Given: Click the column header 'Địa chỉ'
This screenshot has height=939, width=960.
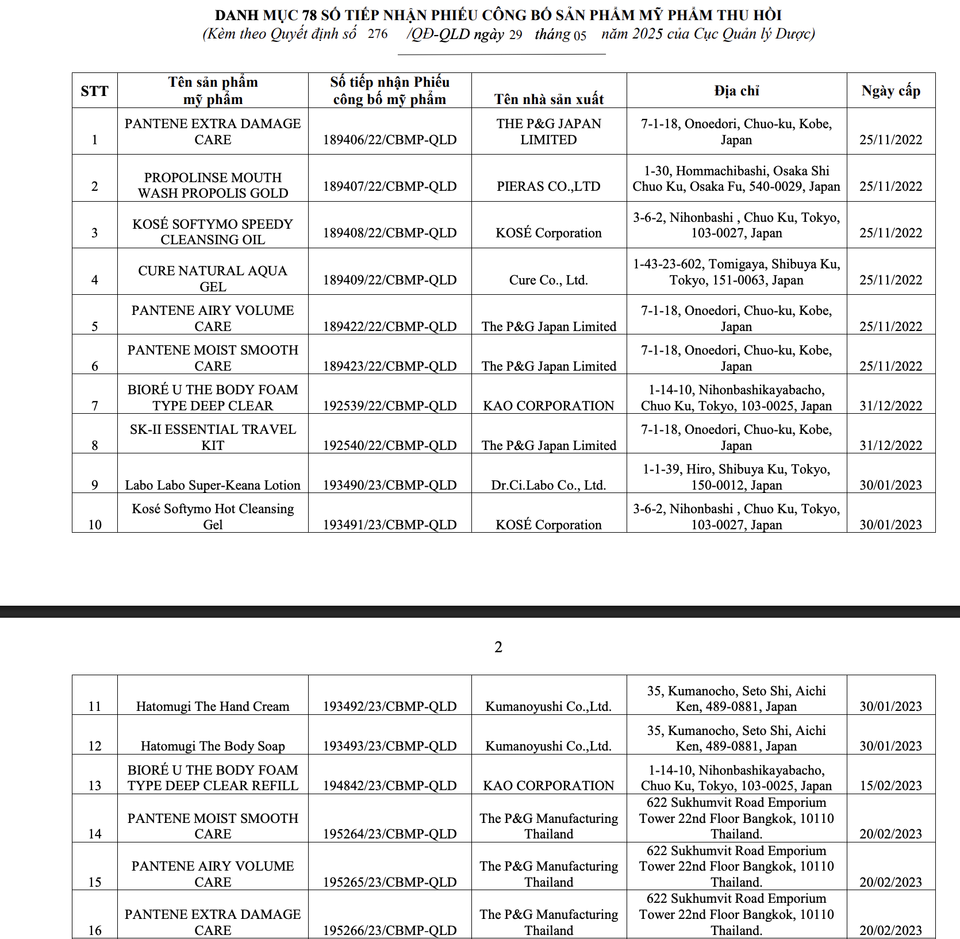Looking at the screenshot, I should pyautogui.click(x=736, y=91).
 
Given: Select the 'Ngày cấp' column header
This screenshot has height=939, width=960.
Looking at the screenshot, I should pyautogui.click(x=890, y=91).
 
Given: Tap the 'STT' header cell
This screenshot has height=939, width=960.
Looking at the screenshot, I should pyautogui.click(x=94, y=91).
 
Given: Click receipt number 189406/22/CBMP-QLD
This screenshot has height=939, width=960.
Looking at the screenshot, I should pyautogui.click(x=390, y=140).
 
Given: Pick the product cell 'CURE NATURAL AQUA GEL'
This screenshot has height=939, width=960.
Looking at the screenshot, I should pyautogui.click(x=213, y=279).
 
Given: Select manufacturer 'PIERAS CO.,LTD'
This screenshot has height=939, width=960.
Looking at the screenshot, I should pyautogui.click(x=548, y=186).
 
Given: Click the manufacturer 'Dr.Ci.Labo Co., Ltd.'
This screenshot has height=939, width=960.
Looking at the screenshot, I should pyautogui.click(x=548, y=485).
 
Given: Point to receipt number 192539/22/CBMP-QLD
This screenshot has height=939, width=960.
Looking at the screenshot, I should pyautogui.click(x=390, y=406).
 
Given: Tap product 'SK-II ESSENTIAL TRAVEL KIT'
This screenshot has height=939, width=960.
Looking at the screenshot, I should pyautogui.click(x=213, y=437).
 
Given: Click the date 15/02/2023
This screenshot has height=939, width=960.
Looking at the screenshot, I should pyautogui.click(x=890, y=786).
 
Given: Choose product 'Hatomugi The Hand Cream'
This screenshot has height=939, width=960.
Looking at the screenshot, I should pyautogui.click(x=213, y=706).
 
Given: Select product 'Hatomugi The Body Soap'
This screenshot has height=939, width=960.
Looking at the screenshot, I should pyautogui.click(x=213, y=746).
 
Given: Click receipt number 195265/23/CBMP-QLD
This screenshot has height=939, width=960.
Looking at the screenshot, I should pyautogui.click(x=390, y=882).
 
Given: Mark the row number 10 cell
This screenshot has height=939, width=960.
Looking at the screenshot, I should pyautogui.click(x=95, y=525).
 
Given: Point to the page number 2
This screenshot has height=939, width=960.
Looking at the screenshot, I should pyautogui.click(x=498, y=647).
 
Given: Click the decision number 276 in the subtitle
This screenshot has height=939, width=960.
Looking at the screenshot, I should pyautogui.click(x=378, y=34).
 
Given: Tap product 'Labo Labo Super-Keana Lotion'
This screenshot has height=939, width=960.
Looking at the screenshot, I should pyautogui.click(x=213, y=485).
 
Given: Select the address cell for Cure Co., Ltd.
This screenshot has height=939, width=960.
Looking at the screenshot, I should pyautogui.click(x=736, y=272).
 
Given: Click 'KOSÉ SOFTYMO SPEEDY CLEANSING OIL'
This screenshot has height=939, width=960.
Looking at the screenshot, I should pyautogui.click(x=213, y=232).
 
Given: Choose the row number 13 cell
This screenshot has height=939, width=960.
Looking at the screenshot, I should pyautogui.click(x=95, y=786).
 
